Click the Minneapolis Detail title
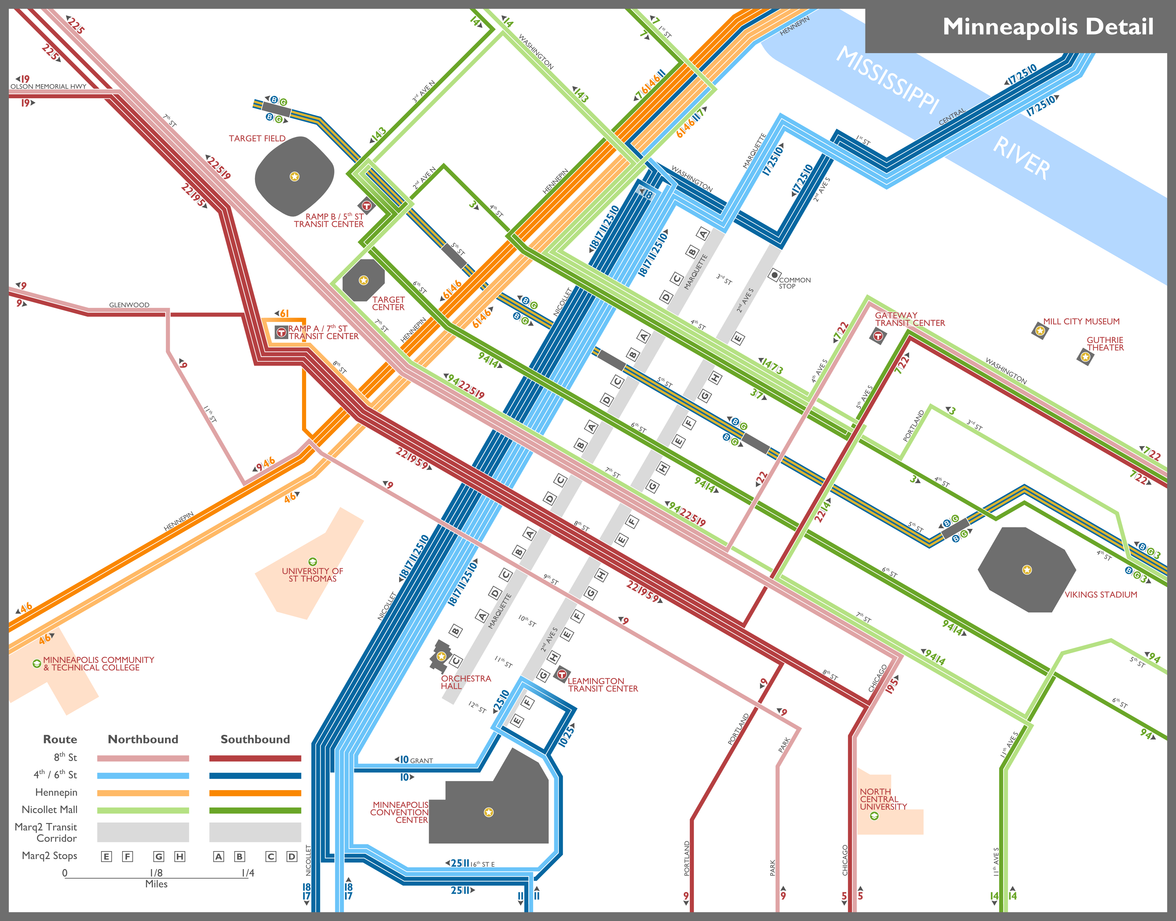coord(1048,27)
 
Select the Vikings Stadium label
coord(1101,594)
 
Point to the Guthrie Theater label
coord(1105,344)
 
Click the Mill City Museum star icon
coord(1039,330)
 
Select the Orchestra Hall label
coord(466,682)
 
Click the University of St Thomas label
coord(312,575)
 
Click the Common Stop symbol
coord(774,275)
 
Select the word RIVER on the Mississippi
coord(1021,158)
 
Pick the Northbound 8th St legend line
coord(143,758)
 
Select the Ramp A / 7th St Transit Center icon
coord(281,332)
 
